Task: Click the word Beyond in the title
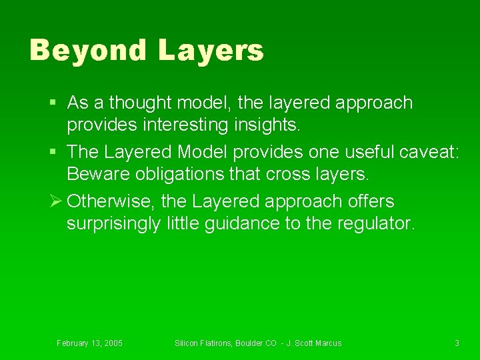point(87,51)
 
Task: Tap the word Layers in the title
point(211,51)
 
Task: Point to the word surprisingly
point(114,224)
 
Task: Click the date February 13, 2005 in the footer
point(89,343)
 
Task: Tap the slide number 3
point(457,343)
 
